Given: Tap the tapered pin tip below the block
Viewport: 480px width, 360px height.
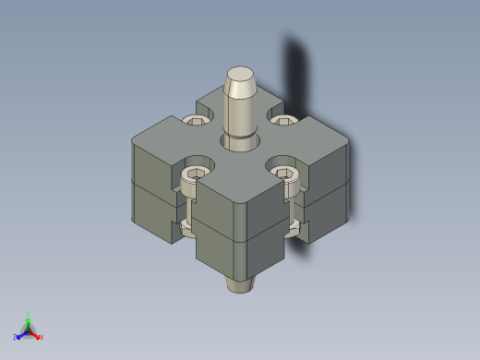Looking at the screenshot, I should tap(241, 284).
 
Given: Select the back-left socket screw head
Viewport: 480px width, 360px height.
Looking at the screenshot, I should tap(197, 120).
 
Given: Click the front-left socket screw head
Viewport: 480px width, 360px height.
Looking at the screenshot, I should tap(197, 174).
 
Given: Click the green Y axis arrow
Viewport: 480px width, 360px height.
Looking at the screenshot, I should tap(29, 319).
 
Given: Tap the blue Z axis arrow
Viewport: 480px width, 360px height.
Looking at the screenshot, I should tap(21, 335).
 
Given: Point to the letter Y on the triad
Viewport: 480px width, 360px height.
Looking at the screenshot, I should tap(29, 313).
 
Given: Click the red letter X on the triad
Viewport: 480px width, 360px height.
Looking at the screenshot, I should tap(41, 338).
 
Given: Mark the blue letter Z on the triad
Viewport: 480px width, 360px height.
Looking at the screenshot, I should tap(16, 338).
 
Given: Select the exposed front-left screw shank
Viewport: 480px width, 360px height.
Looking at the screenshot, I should tap(191, 209).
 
